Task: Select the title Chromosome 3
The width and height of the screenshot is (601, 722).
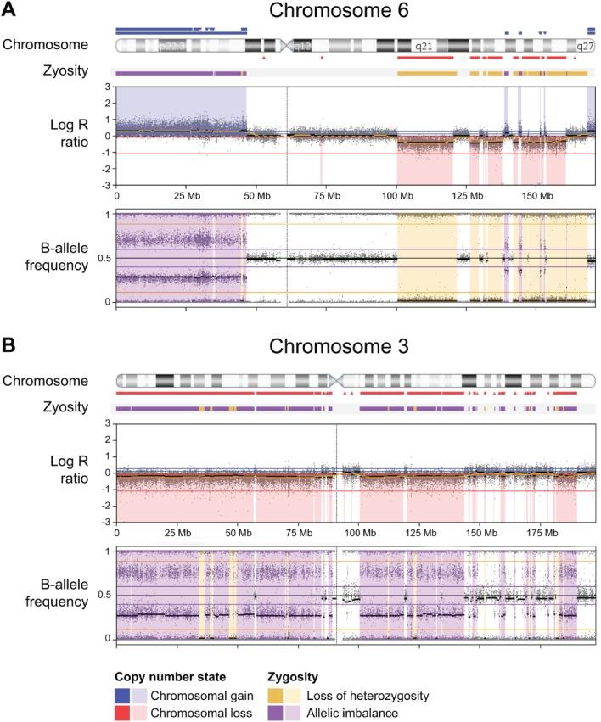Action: tap(353, 347)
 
